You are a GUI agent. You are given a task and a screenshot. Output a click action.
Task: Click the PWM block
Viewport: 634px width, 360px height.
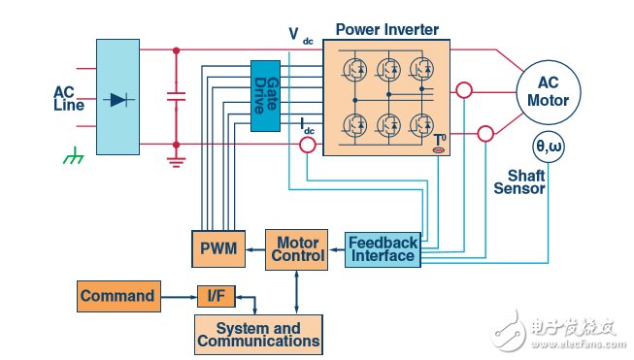pos(218,248)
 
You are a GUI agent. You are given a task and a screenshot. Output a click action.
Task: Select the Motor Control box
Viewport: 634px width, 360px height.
pos(296,249)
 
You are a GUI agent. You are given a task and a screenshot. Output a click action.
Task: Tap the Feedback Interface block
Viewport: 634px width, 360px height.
pos(383,249)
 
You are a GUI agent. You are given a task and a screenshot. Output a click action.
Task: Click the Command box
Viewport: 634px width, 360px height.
pos(118,296)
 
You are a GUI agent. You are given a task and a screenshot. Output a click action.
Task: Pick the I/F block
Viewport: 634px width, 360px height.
pos(217,296)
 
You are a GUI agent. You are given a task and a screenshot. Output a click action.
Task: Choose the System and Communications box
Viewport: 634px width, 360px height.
pos(258,335)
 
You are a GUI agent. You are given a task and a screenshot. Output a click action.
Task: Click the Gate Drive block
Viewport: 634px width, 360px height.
pos(265,96)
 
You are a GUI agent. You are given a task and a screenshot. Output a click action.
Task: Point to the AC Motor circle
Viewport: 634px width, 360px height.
pos(549,92)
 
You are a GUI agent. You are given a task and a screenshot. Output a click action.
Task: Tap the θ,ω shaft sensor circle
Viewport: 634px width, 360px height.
pos(549,147)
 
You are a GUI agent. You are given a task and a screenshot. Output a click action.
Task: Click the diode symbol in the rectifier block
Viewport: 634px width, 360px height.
pos(118,99)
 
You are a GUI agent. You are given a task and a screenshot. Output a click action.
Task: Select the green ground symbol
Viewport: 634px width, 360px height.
pos(73,155)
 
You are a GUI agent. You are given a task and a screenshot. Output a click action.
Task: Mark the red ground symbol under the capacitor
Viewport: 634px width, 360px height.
pos(177,161)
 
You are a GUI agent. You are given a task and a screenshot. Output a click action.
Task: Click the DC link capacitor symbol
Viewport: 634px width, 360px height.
pos(177,97)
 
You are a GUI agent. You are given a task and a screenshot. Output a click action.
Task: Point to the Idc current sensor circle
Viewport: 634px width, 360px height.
pos(308,145)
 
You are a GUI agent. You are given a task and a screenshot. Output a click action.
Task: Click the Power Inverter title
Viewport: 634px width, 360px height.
pos(387,29)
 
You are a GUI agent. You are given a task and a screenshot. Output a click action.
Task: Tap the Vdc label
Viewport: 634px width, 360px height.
pos(301,35)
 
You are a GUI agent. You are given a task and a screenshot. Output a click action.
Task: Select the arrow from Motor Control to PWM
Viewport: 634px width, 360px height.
pos(255,249)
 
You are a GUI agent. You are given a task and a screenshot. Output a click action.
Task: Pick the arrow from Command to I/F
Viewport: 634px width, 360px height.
pos(179,297)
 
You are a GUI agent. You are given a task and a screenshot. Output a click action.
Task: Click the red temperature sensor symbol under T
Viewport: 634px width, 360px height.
pos(439,150)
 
